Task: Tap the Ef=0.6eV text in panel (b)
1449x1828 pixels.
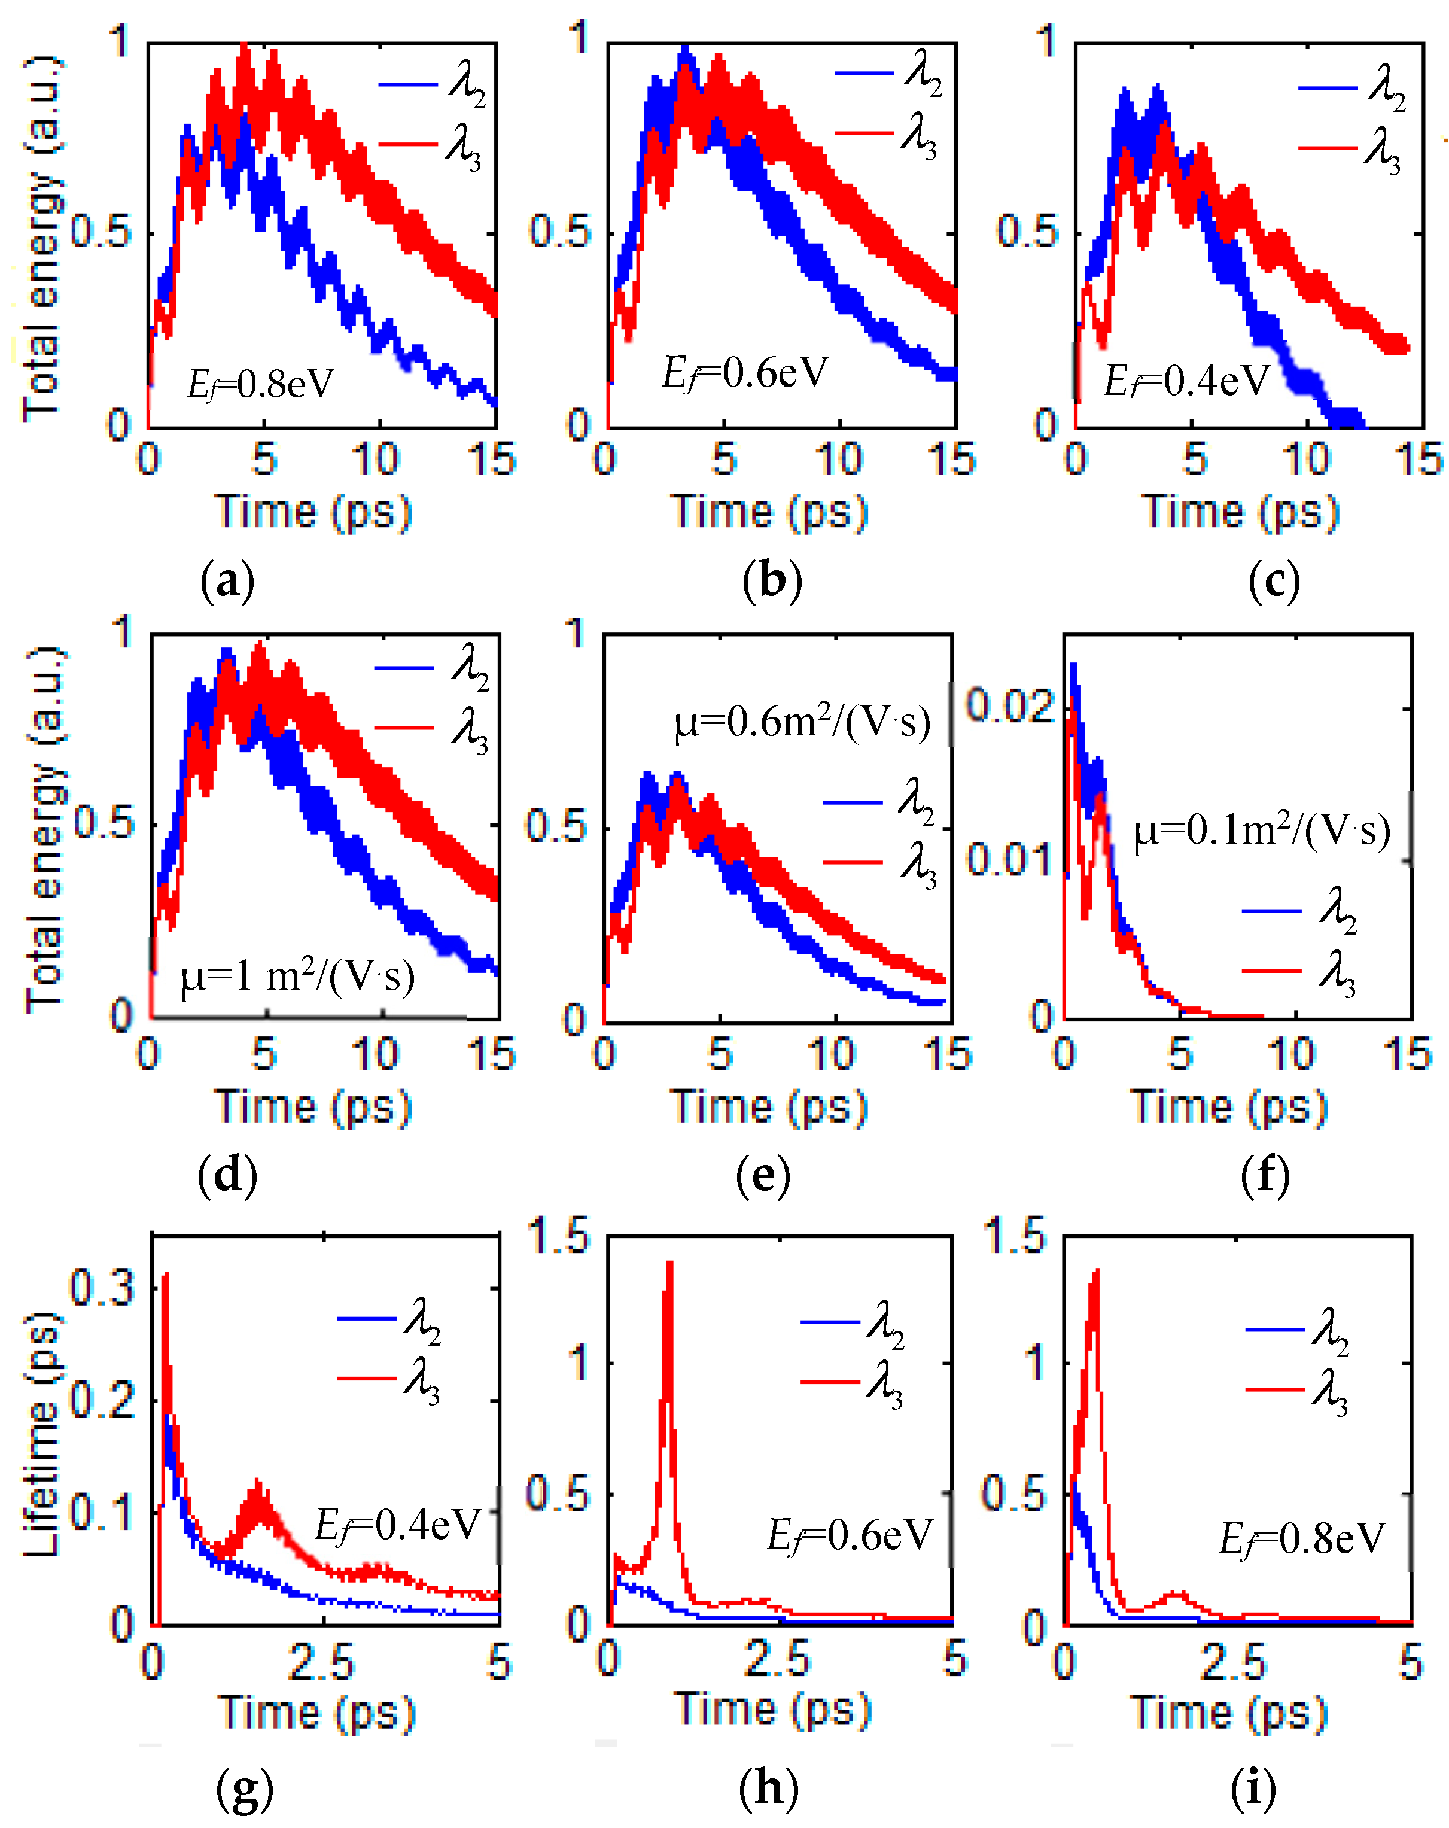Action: (744, 373)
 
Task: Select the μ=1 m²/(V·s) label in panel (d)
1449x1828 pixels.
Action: (297, 976)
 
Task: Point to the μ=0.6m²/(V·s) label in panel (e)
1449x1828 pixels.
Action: (801, 722)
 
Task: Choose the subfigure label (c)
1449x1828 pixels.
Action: (1274, 582)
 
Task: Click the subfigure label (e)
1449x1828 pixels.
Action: (763, 1175)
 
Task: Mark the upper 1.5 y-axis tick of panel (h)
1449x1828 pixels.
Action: (558, 1236)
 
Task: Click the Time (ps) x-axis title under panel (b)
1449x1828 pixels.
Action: (770, 512)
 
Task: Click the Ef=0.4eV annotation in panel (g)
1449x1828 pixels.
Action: (397, 1525)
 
